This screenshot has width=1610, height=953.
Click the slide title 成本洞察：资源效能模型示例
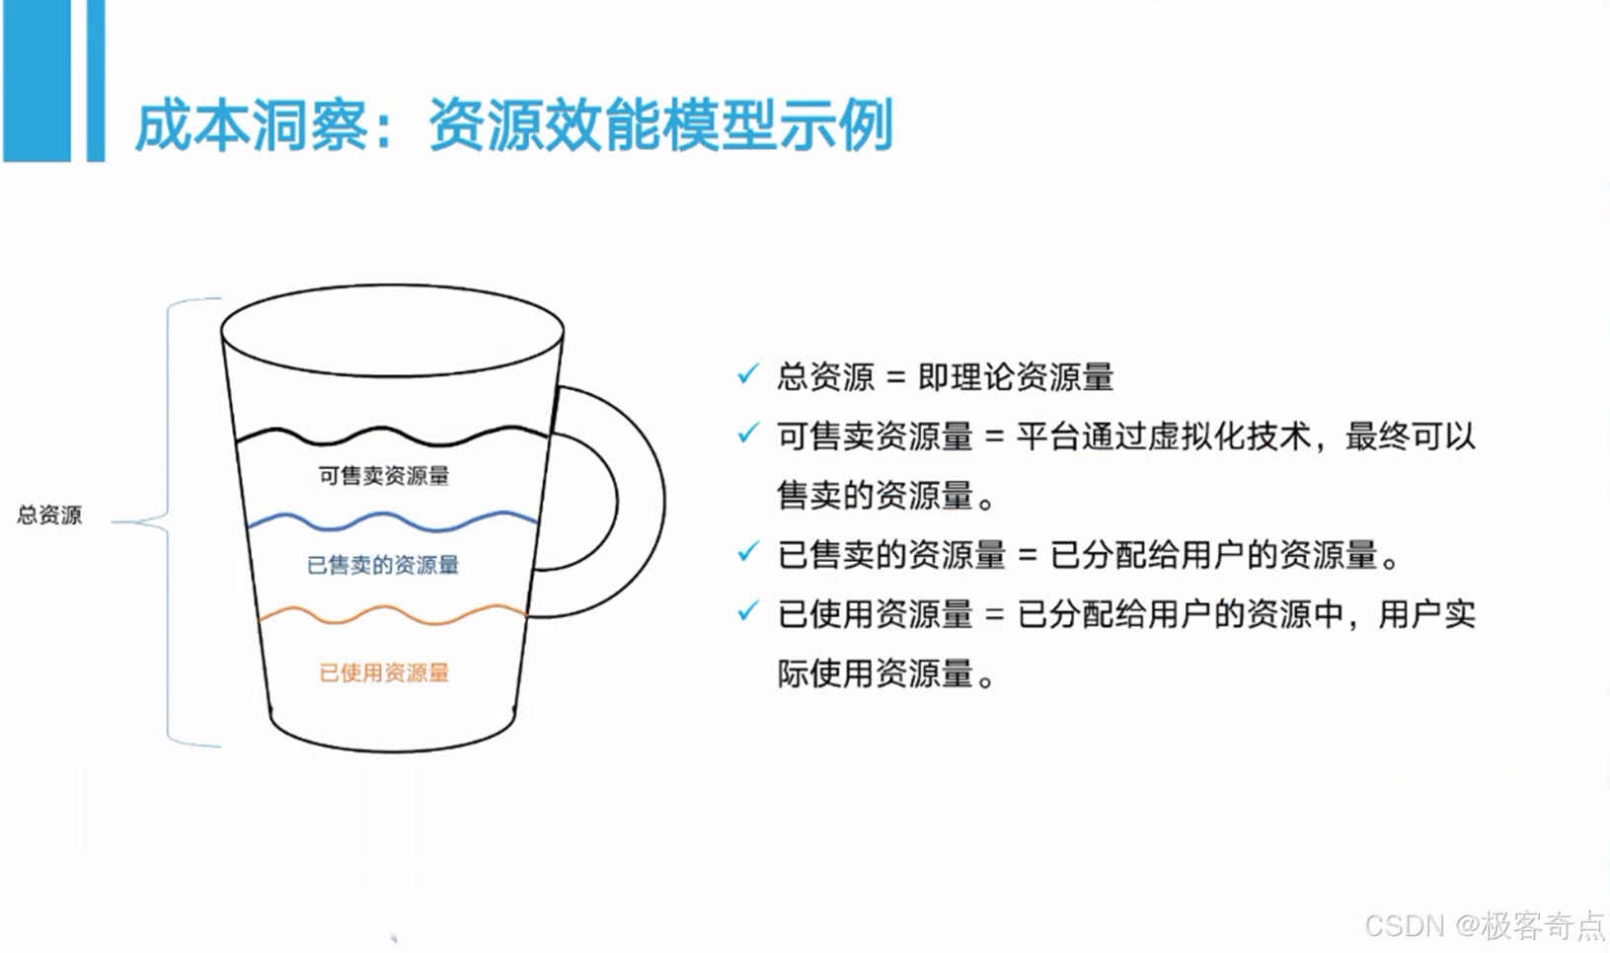[x=513, y=124]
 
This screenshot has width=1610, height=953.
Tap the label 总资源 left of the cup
[x=49, y=515]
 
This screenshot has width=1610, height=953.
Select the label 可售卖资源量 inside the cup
[x=383, y=476]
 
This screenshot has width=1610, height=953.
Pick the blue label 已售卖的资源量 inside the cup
[x=383, y=565]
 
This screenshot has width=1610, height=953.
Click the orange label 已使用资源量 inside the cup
[x=384, y=673]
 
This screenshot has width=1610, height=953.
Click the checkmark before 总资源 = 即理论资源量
[x=748, y=374]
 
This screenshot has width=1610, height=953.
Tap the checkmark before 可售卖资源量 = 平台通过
[x=748, y=434]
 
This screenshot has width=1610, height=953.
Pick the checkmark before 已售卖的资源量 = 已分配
[x=748, y=552]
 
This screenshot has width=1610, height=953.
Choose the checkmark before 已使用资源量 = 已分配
[x=748, y=611]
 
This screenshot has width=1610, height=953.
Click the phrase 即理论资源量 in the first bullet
[x=1016, y=376]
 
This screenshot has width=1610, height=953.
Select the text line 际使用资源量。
[x=885, y=674]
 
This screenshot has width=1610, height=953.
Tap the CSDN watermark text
[x=1485, y=925]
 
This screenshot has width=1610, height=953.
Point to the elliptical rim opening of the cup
[x=392, y=331]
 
